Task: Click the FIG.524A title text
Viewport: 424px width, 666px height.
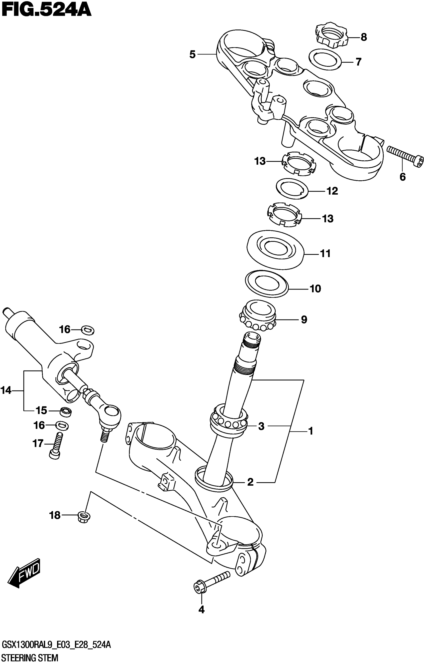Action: (46, 11)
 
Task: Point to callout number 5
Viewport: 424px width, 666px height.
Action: (192, 54)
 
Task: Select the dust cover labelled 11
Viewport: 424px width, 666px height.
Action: (275, 249)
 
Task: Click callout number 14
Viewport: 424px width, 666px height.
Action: (6, 390)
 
